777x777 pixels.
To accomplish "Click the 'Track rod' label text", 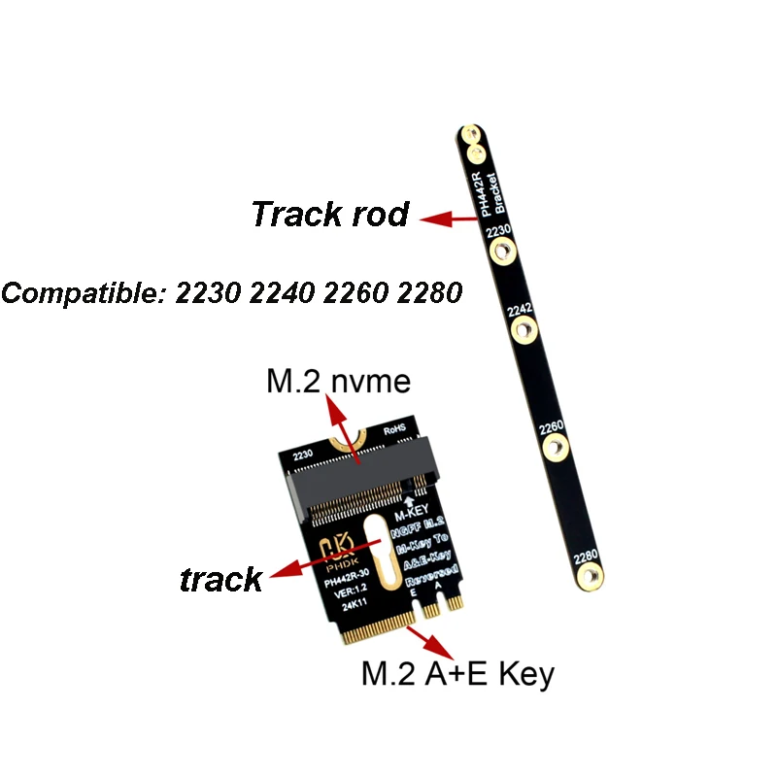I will click(330, 214).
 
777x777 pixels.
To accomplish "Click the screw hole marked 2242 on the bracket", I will click(523, 333).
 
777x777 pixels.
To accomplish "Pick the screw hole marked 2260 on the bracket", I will click(555, 448).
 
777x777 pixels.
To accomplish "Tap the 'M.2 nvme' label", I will click(339, 382).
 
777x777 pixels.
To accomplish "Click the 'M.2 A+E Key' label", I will click(456, 672).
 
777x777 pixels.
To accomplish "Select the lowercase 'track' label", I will click(221, 580).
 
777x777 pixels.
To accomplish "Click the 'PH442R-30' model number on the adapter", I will click(347, 583).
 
